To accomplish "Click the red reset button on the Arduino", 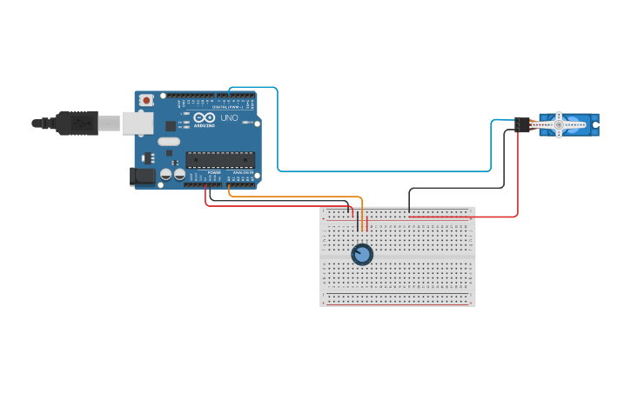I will (x=146, y=100).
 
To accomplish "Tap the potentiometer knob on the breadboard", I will (x=362, y=254).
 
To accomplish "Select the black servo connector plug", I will (x=522, y=124).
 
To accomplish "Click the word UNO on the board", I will (x=229, y=117).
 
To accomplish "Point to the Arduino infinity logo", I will (x=204, y=117).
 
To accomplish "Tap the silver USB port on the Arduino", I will (x=138, y=124).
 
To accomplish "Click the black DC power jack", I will (x=143, y=176).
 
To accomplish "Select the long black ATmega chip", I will (x=220, y=159).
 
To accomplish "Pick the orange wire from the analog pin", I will (x=296, y=197).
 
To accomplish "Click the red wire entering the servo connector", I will (x=517, y=174).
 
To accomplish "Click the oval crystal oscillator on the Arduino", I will (x=169, y=141).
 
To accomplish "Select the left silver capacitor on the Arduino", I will (x=166, y=175).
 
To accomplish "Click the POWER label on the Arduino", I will (x=214, y=172).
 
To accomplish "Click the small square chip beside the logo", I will (x=171, y=125).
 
